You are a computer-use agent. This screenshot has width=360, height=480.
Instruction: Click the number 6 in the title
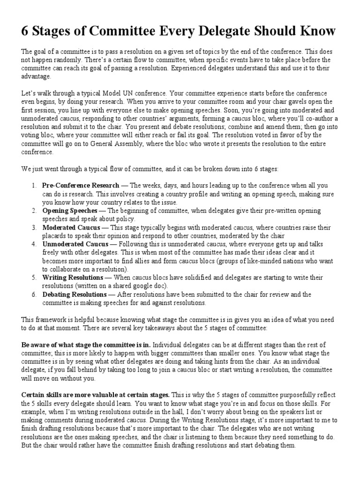(x=26, y=31)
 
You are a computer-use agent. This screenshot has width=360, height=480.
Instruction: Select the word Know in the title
(x=319, y=31)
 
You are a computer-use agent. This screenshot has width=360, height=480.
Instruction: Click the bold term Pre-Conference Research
(x=78, y=186)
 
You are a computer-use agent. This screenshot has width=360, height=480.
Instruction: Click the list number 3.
(x=34, y=227)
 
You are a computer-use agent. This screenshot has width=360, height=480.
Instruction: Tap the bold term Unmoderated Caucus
(x=75, y=244)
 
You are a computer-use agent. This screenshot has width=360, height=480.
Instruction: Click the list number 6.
(x=34, y=295)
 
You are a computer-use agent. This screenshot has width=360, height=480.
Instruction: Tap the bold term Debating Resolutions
(x=74, y=295)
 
